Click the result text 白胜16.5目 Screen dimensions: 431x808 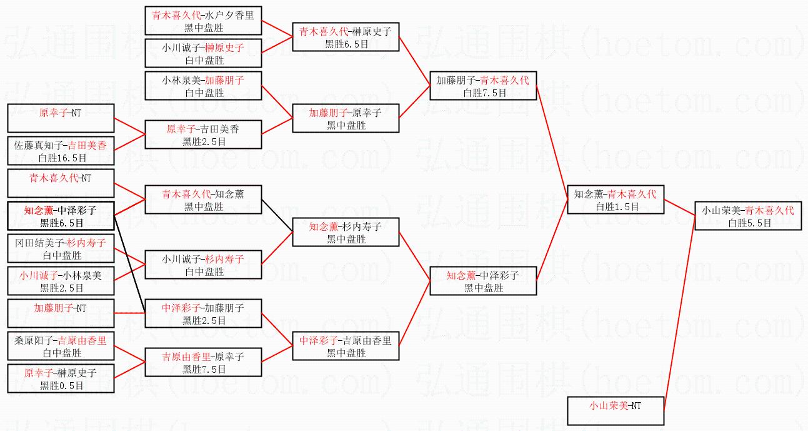click(x=61, y=157)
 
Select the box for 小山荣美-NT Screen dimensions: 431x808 click(x=616, y=411)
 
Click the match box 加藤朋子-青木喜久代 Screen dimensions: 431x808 click(x=483, y=86)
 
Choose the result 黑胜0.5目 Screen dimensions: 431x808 click(x=61, y=385)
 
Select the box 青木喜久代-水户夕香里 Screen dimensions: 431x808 click(x=203, y=21)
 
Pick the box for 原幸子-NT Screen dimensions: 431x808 click(x=61, y=118)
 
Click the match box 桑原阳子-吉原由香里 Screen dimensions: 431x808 click(x=61, y=346)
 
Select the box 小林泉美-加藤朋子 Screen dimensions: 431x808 click(x=203, y=86)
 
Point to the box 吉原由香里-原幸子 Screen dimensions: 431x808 click(x=203, y=363)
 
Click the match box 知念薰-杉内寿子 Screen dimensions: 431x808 click(x=346, y=232)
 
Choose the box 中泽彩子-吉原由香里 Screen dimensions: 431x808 click(x=346, y=346)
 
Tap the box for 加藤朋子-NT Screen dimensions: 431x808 click(x=61, y=313)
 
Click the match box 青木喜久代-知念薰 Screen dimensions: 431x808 click(x=203, y=200)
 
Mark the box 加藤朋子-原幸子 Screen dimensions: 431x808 click(x=346, y=118)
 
